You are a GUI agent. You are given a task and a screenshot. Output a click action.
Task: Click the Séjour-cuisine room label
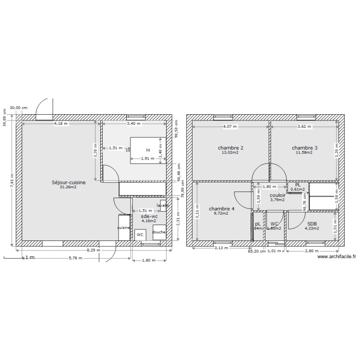69,182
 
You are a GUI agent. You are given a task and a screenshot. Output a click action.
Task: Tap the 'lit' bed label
148,150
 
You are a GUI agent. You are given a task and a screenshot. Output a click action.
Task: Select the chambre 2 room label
230,148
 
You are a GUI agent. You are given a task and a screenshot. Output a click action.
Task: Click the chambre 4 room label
221,209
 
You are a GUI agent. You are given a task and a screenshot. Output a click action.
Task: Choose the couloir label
277,195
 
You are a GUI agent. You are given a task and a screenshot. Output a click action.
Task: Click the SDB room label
312,224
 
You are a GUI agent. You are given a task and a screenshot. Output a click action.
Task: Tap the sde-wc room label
149,216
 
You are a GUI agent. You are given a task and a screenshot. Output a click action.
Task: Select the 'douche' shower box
159,232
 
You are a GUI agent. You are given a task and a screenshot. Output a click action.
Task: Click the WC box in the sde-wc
140,235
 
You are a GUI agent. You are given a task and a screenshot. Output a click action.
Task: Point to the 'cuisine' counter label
124,228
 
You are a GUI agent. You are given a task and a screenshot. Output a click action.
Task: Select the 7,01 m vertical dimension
13,181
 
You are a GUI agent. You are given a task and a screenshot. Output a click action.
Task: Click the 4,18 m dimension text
61,123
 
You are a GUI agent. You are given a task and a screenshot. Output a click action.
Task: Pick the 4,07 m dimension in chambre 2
230,127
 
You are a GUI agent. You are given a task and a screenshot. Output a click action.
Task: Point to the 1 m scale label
30,258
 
